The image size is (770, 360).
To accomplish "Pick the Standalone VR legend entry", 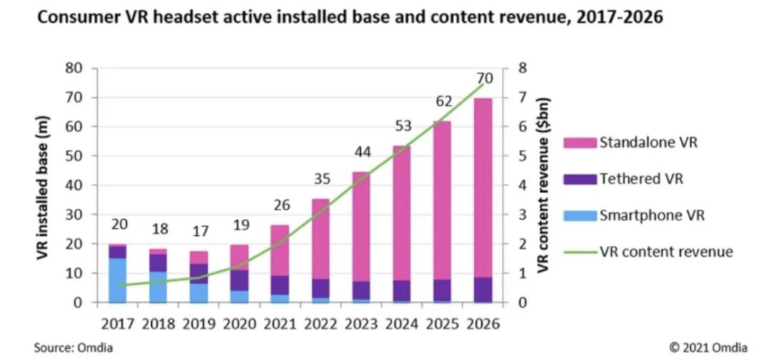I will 648,143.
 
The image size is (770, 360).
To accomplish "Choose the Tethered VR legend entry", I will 641,179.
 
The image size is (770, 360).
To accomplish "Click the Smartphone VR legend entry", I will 652,215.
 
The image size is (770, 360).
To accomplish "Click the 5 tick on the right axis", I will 522,156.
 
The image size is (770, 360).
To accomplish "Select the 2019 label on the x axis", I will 199,324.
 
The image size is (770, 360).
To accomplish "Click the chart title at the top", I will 349,17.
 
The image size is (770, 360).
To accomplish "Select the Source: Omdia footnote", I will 73,348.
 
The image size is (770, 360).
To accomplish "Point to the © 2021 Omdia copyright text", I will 708,348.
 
